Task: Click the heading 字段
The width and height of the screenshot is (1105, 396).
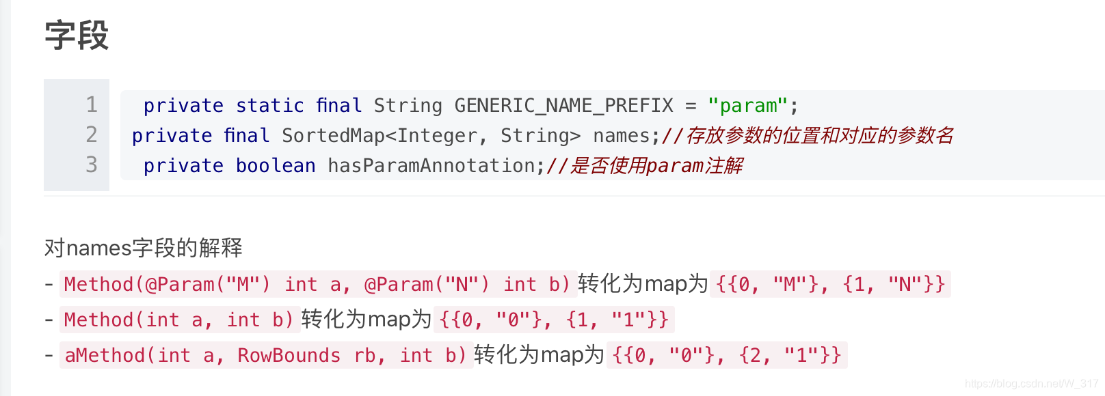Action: (77, 36)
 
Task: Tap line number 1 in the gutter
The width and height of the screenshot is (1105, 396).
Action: (92, 104)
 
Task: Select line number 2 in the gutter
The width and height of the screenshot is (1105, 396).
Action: (92, 135)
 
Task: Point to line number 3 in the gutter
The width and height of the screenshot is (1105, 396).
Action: (92, 165)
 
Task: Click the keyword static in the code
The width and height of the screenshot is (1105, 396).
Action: (269, 106)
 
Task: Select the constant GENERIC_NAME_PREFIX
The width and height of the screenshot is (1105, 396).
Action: (563, 106)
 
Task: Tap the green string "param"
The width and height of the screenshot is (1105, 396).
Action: (748, 106)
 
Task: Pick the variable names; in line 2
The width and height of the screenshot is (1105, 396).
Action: (626, 136)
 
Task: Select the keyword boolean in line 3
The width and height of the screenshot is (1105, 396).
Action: (276, 166)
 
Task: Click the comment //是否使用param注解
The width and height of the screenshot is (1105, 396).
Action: (644, 166)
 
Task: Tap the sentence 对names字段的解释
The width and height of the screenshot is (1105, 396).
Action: (144, 248)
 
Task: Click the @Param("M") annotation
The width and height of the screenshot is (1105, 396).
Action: (208, 284)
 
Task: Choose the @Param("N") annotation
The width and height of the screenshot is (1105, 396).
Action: (427, 284)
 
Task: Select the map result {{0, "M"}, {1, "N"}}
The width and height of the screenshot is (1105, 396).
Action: (830, 284)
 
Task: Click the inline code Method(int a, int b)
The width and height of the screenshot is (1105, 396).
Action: (179, 320)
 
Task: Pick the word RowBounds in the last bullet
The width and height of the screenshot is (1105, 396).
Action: (289, 355)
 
